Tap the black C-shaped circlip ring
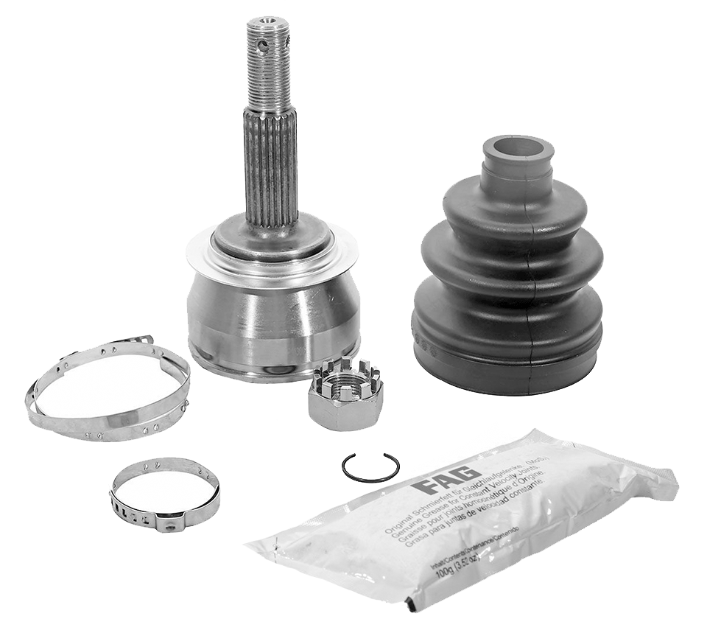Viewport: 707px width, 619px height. pos(370,467)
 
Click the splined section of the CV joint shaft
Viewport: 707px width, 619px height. pos(271,166)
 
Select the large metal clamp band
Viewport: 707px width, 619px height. pos(107,391)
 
